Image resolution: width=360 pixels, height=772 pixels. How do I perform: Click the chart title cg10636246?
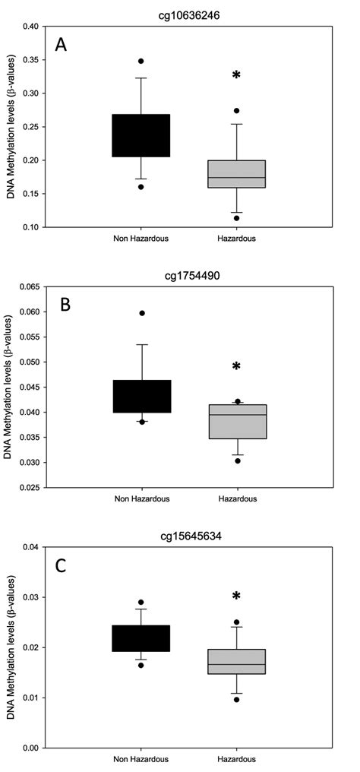click(x=191, y=13)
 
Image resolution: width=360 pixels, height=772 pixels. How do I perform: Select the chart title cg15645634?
click(x=191, y=534)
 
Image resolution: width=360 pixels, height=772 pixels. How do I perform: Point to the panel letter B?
click(x=65, y=305)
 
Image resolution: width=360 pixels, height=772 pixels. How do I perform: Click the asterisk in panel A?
click(x=236, y=75)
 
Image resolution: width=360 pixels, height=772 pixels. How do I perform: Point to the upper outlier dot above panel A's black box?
click(x=141, y=61)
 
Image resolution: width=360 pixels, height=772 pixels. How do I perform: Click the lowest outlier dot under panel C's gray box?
click(x=236, y=699)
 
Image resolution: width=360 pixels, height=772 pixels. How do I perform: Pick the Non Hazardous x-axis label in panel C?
click(x=141, y=759)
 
